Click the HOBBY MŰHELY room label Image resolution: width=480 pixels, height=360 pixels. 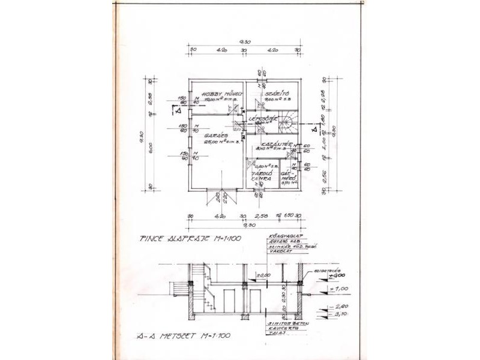click(x=221, y=94)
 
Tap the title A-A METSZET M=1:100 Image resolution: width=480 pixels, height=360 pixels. click(x=183, y=335)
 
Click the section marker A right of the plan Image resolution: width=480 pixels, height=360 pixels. click(x=313, y=128)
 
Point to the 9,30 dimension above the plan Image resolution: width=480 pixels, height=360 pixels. click(x=244, y=41)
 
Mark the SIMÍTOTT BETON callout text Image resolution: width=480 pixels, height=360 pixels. click(x=288, y=323)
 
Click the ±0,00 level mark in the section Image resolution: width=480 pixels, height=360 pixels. click(x=262, y=275)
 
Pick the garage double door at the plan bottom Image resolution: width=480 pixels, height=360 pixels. click(x=218, y=194)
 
